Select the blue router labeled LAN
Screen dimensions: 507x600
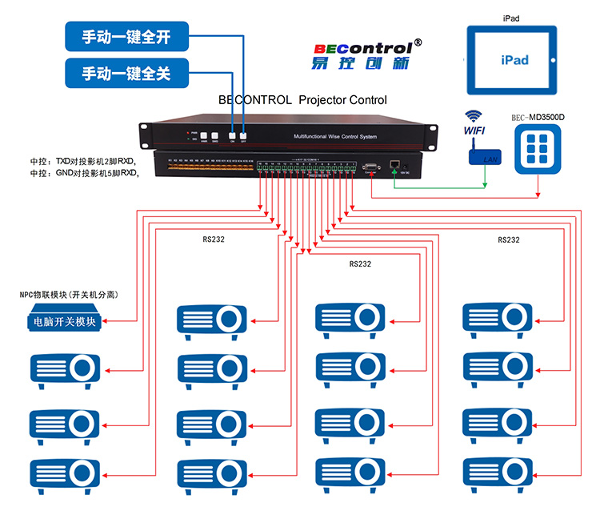pos(485,158)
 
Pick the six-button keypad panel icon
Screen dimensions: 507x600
pos(538,151)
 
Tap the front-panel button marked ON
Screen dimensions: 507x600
pos(233,136)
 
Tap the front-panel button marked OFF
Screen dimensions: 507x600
pos(243,136)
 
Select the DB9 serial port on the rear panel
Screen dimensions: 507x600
pos(371,166)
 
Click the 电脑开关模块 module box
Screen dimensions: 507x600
pos(64,322)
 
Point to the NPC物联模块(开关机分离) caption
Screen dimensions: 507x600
pos(69,295)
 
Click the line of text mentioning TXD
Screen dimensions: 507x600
pos(84,162)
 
